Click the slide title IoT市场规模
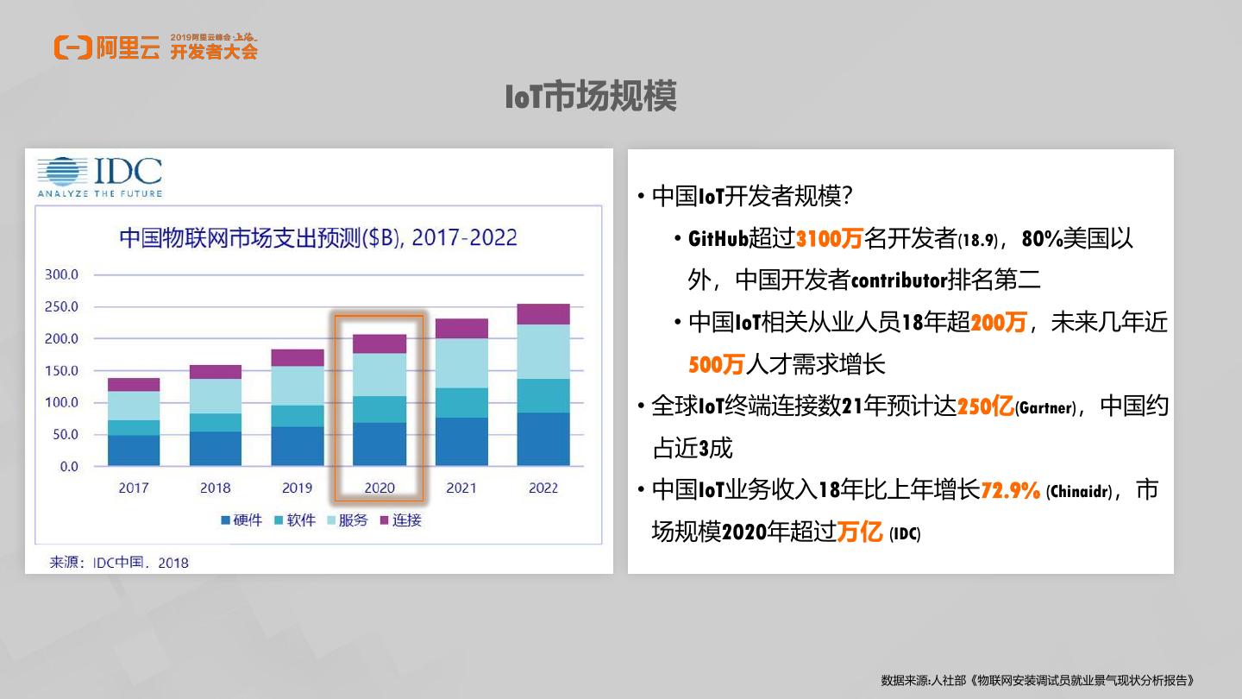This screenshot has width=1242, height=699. pyautogui.click(x=591, y=97)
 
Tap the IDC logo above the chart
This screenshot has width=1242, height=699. pyautogui.click(x=100, y=176)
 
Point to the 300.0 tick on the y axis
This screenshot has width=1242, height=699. pyautogui.click(x=61, y=274)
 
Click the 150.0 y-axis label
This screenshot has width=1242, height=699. pyautogui.click(x=61, y=370)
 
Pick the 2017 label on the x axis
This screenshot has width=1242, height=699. pyautogui.click(x=134, y=488)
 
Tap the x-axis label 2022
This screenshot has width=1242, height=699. pyautogui.click(x=543, y=488)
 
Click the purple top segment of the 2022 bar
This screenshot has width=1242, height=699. pyautogui.click(x=543, y=314)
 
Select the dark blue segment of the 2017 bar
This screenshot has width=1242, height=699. pyautogui.click(x=134, y=450)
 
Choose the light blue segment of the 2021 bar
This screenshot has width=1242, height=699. pyautogui.click(x=461, y=363)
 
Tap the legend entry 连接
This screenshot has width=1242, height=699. pyautogui.click(x=400, y=520)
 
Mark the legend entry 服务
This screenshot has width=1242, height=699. pyautogui.click(x=347, y=520)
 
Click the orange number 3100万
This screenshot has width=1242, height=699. pyautogui.click(x=830, y=239)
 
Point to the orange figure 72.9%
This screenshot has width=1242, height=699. pyautogui.click(x=1011, y=491)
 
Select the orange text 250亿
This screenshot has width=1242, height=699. pyautogui.click(x=985, y=406)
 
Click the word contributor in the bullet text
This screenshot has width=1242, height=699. pyautogui.click(x=899, y=280)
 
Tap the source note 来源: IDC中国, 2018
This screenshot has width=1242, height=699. pyautogui.click(x=119, y=563)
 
